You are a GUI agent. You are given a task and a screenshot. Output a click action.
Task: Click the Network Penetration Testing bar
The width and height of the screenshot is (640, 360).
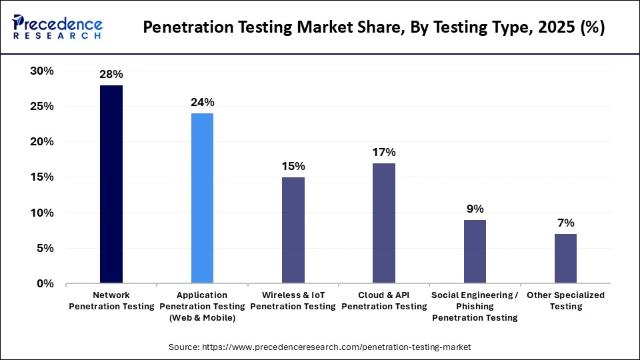point(111,184)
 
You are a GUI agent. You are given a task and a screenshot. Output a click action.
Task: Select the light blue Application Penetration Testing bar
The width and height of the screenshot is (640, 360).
point(202,198)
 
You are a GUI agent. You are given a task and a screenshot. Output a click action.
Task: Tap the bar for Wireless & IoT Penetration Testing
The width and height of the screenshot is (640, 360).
point(293,230)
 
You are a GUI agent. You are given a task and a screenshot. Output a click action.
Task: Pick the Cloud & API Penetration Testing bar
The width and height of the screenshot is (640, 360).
point(384,223)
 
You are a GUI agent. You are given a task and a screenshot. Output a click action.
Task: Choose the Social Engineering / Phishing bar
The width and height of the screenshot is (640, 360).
point(475,251)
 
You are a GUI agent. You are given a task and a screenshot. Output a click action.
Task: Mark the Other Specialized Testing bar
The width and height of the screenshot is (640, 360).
point(565,258)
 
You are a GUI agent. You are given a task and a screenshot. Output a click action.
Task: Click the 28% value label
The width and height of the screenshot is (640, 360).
point(111,74)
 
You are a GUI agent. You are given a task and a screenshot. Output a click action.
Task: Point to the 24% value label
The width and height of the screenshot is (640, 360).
point(202,102)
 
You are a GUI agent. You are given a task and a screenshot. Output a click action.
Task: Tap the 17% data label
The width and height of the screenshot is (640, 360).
point(384,152)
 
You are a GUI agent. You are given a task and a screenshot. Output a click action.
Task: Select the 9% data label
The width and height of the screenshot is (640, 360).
point(475,209)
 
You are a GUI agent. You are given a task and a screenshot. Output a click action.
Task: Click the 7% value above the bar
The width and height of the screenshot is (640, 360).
point(565,223)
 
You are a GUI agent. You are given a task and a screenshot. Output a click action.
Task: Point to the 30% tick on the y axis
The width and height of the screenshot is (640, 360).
point(41,71)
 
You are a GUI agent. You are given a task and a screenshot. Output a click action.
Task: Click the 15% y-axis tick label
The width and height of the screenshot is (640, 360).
point(41,177)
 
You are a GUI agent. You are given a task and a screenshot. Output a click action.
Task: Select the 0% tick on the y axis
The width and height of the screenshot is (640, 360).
point(45,283)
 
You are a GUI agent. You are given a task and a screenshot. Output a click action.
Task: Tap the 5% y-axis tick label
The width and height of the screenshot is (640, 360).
point(45,248)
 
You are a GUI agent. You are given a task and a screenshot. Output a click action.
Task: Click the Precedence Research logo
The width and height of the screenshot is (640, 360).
point(57,27)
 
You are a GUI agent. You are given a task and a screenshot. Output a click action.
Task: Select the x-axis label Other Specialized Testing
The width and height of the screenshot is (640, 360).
point(565,301)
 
